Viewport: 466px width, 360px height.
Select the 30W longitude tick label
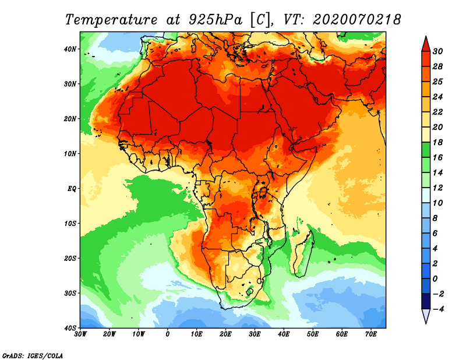pos(80,334)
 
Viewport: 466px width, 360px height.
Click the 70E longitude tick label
pos(371,334)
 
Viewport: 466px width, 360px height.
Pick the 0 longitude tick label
pos(168,334)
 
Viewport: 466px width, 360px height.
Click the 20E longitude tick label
pos(225,334)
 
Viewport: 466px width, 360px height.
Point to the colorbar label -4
pos(439,309)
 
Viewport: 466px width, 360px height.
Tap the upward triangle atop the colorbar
pos(426,43)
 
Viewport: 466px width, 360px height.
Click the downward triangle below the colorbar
pos(426,316)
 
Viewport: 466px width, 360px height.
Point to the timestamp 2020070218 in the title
pos(357,19)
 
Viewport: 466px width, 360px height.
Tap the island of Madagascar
pos(304,253)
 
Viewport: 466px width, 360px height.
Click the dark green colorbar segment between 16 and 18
pos(426,150)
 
